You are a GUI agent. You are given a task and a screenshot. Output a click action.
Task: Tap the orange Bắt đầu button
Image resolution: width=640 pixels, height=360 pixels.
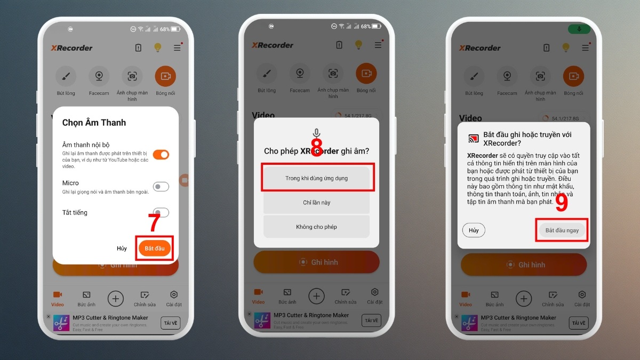155,249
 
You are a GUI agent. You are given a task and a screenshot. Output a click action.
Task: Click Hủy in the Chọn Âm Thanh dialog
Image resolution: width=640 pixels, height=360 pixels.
122,249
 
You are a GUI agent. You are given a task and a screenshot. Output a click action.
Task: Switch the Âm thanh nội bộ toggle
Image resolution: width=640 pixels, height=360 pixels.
161,155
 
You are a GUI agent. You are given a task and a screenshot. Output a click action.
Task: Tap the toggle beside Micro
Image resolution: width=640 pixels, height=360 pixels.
161,187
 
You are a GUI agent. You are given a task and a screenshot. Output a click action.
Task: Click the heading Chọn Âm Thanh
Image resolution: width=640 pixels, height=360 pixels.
94,123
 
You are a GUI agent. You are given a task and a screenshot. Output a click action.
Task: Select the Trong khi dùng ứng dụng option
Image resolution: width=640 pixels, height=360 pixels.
317,178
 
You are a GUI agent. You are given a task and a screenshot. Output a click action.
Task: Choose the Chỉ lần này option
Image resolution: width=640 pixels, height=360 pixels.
317,203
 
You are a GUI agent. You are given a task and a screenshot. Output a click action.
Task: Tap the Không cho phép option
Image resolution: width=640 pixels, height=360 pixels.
317,227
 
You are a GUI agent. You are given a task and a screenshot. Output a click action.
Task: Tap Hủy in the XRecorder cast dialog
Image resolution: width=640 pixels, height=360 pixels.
474,230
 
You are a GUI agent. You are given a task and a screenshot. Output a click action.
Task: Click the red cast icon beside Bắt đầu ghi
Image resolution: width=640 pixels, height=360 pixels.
473,139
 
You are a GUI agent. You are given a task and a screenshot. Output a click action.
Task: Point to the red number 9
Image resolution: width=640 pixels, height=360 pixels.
561,202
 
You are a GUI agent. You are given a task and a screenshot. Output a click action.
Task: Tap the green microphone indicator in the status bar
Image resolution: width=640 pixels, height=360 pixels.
579,29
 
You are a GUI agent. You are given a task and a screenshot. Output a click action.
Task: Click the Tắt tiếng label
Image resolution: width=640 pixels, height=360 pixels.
75,212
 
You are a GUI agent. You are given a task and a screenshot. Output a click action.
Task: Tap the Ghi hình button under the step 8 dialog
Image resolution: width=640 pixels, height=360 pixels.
317,262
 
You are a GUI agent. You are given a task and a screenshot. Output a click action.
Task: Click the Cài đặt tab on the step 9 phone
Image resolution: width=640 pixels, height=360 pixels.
582,298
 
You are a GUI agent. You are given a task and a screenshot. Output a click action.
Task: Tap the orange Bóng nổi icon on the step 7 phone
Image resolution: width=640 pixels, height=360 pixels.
165,77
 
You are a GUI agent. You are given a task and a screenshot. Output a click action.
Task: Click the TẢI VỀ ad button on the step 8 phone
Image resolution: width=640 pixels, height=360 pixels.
371,321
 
